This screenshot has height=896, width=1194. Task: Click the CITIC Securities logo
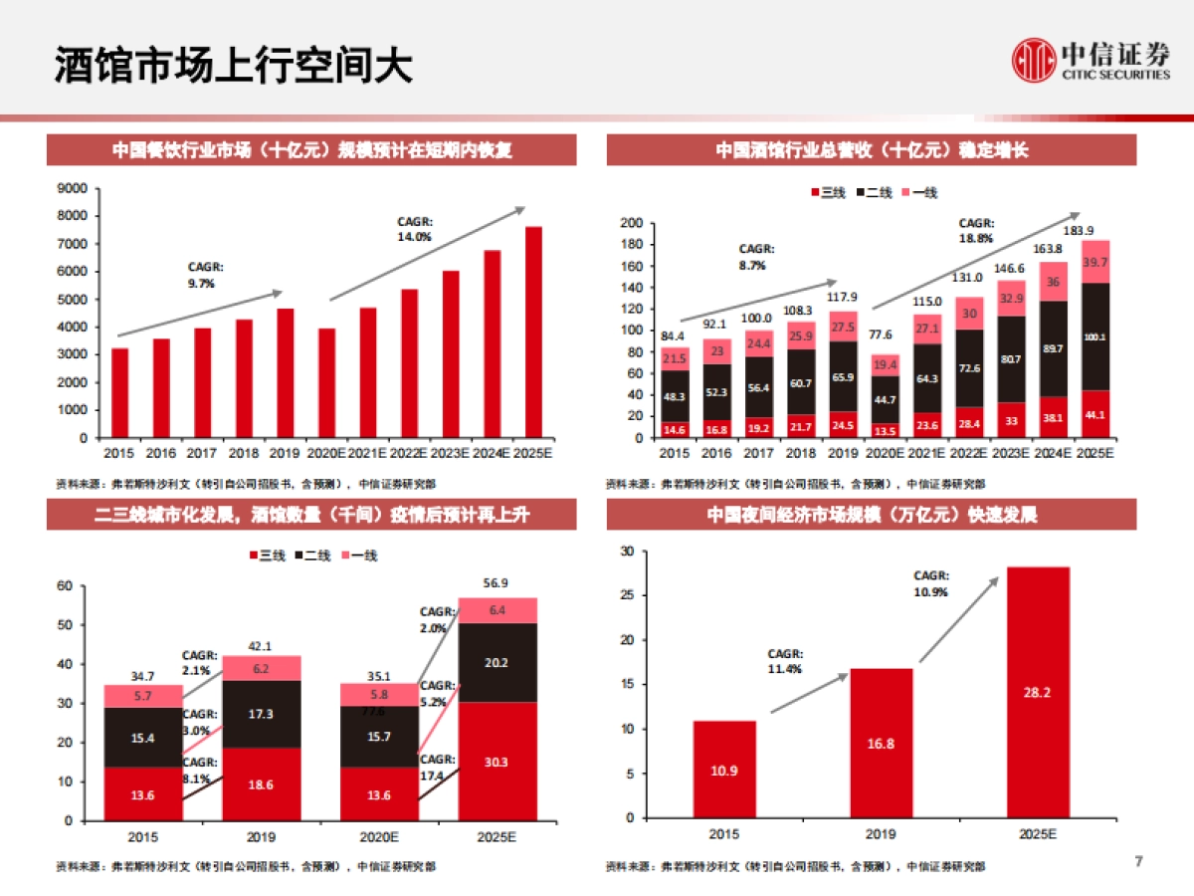coord(1091,61)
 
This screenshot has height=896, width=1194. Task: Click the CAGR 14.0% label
coord(414,230)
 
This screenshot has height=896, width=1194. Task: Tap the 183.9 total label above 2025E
coord(1095,230)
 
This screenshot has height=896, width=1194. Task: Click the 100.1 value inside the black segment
coord(1095,337)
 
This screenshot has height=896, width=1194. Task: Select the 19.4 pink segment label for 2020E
coord(884,365)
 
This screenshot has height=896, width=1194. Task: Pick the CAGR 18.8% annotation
coord(976,230)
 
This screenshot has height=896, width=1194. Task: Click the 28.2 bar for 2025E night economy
coord(1037,692)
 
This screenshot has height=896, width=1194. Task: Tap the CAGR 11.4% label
coord(784,661)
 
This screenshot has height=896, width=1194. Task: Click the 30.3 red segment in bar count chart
coord(497,762)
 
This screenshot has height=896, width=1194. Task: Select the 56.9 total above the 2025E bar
coord(497,583)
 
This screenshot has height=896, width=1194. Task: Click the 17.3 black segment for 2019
coord(261,715)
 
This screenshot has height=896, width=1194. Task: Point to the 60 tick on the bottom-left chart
coord(67,586)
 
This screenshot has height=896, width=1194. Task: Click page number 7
coord(1138,860)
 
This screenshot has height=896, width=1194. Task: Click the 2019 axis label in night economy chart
coord(881,834)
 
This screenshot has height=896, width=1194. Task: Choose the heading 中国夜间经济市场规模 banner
coord(872,515)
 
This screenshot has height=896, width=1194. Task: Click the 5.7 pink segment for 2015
coord(143,696)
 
